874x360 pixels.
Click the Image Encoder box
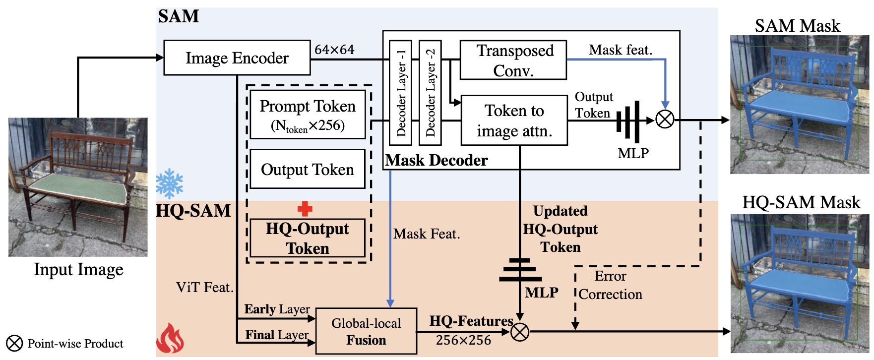point(237,58)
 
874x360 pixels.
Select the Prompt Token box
point(308,114)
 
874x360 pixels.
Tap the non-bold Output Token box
point(308,170)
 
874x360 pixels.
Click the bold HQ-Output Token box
point(308,238)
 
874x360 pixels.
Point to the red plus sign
point(305,209)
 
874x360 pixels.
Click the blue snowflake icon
point(169,183)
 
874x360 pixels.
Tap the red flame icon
point(170,339)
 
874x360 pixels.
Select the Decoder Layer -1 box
point(401,93)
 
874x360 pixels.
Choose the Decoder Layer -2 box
point(430,93)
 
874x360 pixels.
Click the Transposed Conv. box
point(513,60)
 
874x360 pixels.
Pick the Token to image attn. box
point(514,120)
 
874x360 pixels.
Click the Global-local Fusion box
point(366,331)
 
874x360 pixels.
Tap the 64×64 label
point(334,50)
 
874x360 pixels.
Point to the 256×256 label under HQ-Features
point(463,341)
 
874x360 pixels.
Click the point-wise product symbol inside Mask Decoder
point(665,120)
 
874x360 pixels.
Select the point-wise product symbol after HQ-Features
point(520,331)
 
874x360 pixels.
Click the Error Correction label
point(610,285)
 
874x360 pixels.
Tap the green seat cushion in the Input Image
point(78,189)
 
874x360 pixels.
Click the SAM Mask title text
point(797,26)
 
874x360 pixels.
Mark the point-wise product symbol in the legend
point(14,343)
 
